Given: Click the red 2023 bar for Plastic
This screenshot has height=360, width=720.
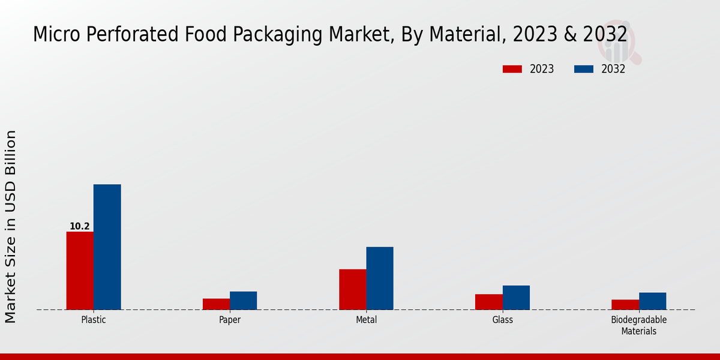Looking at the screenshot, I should coord(80,271).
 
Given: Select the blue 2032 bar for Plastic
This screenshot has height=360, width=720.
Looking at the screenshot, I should coord(107,247).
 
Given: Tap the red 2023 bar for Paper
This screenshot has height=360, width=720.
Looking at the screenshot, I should coord(216,304).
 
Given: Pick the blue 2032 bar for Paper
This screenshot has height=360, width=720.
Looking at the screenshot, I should coord(243,301).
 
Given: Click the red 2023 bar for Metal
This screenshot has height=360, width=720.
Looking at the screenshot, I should coord(353,289).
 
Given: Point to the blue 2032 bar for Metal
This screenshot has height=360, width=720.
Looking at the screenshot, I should coord(380,278).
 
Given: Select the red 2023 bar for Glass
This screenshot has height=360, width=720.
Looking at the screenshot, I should coord(489,302).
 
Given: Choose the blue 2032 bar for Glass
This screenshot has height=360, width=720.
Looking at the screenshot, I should coord(516,298).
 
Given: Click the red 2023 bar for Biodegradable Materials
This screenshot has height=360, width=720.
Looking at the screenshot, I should coord(625,305).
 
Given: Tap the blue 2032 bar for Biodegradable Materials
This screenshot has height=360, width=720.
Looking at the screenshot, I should coord(652,301).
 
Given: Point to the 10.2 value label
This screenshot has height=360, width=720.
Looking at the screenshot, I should coord(79,226).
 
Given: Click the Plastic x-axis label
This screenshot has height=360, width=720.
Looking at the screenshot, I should coord(94,320).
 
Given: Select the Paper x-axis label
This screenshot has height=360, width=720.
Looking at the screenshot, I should coord(230,320).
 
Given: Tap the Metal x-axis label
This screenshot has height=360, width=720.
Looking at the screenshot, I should coord(366,320).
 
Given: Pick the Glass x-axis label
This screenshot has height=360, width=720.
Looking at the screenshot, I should coord(503,320).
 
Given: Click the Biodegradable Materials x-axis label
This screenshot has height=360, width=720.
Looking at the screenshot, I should coord(638,325).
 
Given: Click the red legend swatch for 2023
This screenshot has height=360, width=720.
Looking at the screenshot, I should coord(512,69).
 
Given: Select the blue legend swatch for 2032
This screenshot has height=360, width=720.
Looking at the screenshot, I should coord(584,69).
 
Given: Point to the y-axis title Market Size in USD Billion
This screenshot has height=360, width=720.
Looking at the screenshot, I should coord(11,226).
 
